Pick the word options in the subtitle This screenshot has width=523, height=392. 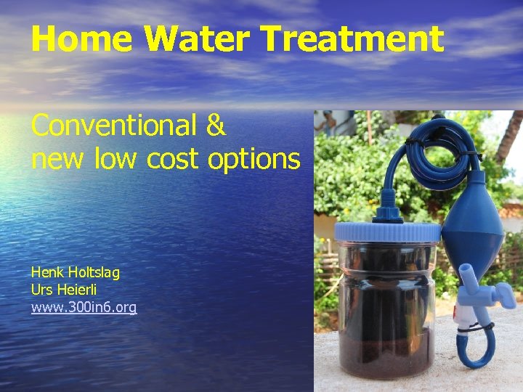pos(254,158)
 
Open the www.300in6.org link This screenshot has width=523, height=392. pos(84,307)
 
